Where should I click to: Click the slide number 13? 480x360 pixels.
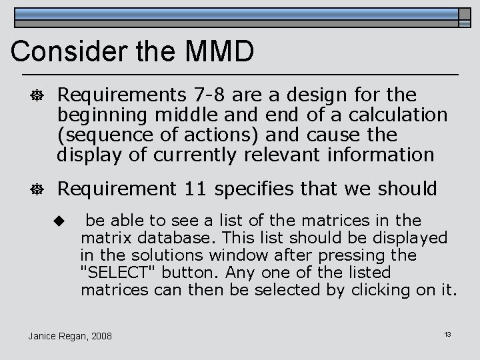[447, 333]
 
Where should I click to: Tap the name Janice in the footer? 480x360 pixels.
[43, 335]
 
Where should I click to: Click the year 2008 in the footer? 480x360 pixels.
[100, 335]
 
